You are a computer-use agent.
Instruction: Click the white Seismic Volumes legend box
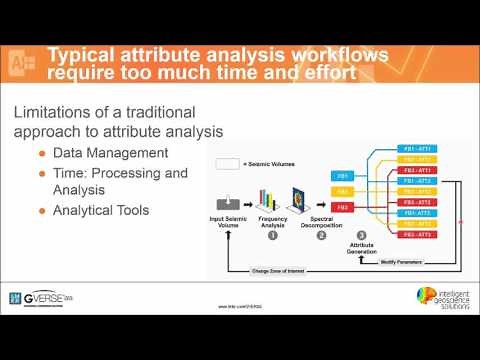coord(227,163)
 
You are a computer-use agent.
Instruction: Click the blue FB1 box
coord(341,175)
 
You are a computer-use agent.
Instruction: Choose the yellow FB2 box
coord(341,191)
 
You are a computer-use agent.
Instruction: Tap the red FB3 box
coord(341,207)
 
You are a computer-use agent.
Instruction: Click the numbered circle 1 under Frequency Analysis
coord(272,236)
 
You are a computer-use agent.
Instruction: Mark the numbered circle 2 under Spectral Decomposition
coord(321,236)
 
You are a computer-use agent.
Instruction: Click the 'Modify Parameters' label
coord(400,262)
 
